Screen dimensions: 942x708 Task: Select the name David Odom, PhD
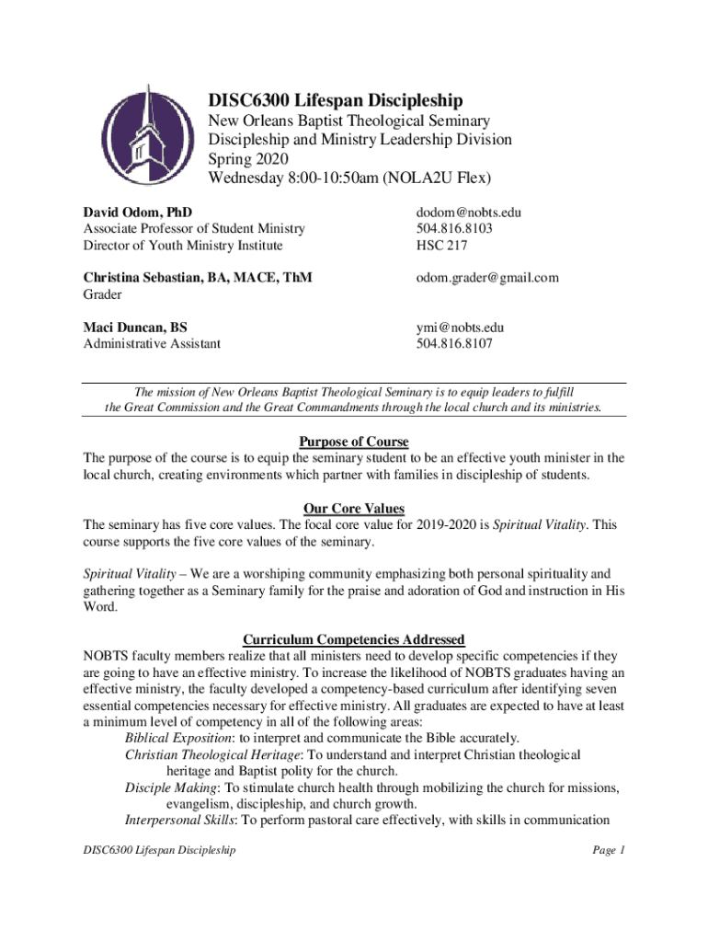click(138, 213)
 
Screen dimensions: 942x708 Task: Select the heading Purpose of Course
click(354, 442)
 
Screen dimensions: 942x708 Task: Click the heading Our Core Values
click(354, 509)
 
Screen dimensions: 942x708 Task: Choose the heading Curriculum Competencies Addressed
click(354, 640)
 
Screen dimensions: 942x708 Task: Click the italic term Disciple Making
click(169, 788)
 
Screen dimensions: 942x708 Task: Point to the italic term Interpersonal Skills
click(179, 821)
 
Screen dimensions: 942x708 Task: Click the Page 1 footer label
click(609, 851)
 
